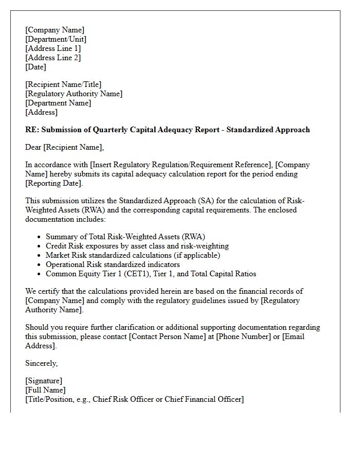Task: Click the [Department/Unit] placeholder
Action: point(56,39)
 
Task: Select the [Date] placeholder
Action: point(35,67)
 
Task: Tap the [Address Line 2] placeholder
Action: point(53,58)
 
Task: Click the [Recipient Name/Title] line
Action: point(63,84)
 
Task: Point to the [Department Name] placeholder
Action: point(58,103)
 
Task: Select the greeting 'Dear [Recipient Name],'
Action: point(64,147)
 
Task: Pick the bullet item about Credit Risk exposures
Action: point(137,246)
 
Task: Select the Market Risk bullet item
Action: point(133,255)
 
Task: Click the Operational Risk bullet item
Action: point(113,264)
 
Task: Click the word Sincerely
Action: point(41,363)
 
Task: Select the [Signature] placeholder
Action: point(44,381)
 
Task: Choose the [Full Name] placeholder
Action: point(45,390)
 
